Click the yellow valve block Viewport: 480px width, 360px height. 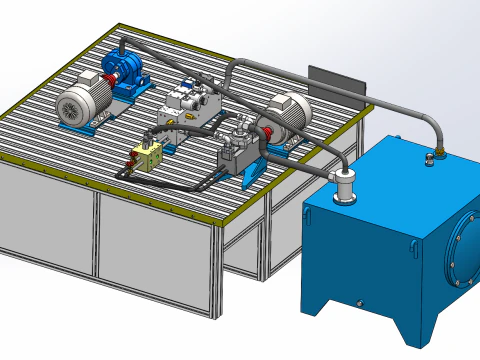pyautogui.click(x=148, y=156)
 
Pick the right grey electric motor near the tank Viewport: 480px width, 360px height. pyautogui.click(x=289, y=113)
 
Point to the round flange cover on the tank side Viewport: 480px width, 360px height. pyautogui.click(x=462, y=252)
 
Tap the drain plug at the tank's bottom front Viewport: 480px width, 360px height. pyautogui.click(x=357, y=302)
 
